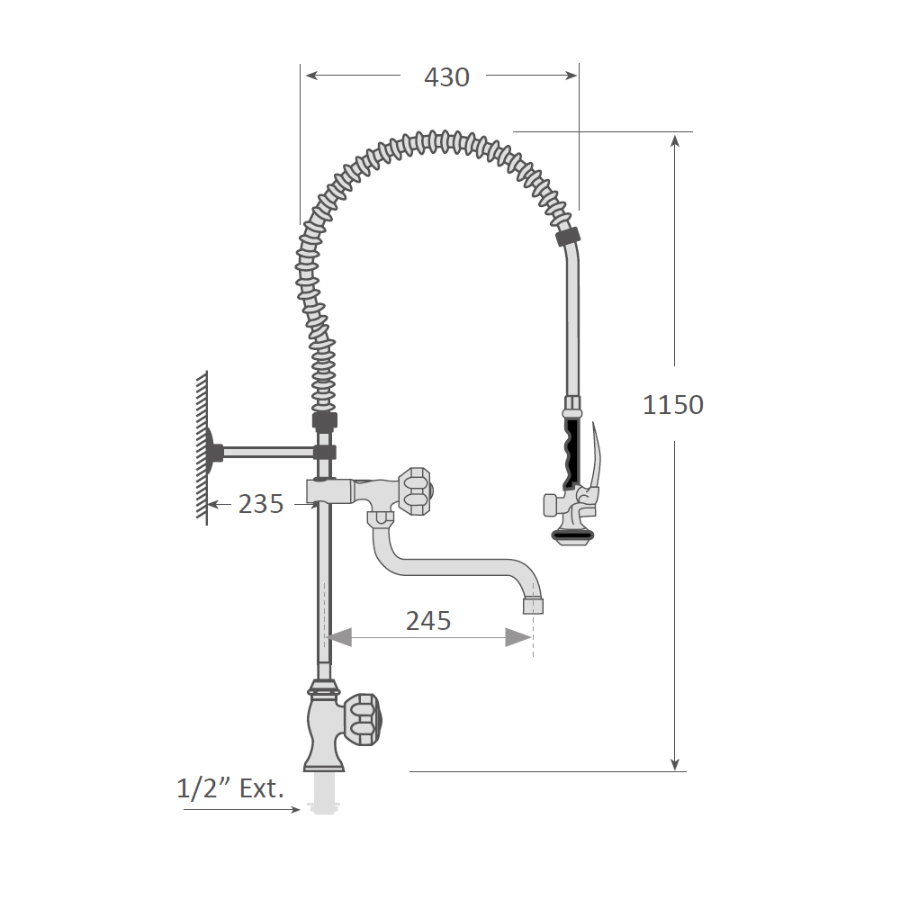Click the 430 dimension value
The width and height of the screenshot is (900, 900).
(x=446, y=76)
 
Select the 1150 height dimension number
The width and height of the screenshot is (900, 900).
(x=672, y=405)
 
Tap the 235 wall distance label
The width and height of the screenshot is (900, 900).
(x=261, y=504)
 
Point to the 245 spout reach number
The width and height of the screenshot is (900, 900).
(x=428, y=620)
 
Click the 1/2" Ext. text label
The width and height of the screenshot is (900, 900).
(x=230, y=788)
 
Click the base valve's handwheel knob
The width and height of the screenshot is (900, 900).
(x=362, y=719)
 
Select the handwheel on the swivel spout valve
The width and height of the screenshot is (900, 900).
(x=416, y=490)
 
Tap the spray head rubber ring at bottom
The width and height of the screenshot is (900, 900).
(x=572, y=536)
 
